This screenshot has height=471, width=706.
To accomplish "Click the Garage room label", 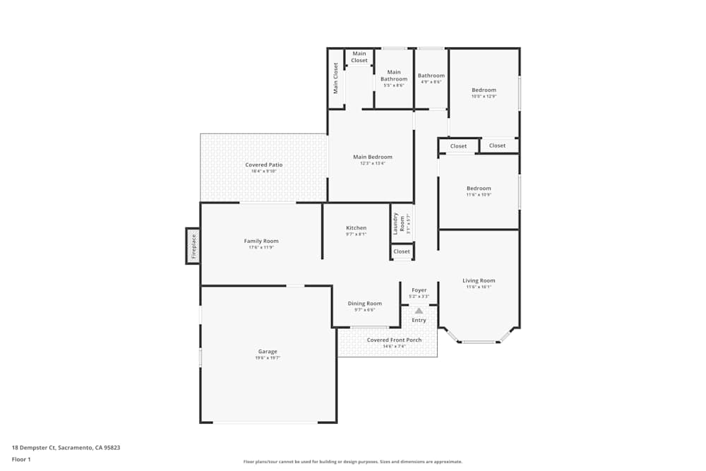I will click(x=267, y=352).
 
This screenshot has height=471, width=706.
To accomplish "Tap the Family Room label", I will click(x=261, y=242).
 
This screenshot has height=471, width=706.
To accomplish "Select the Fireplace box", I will click(x=193, y=246).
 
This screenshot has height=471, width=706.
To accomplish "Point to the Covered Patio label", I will click(x=263, y=165).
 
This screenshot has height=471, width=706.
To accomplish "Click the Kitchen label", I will click(x=356, y=228).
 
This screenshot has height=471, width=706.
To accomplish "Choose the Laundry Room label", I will click(x=396, y=223).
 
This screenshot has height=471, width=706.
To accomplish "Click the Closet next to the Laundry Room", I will click(x=402, y=251).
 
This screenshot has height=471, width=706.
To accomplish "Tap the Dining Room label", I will click(x=364, y=304).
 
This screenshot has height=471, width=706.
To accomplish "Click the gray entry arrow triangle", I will click(x=419, y=310).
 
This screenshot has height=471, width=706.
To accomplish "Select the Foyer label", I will click(x=419, y=290).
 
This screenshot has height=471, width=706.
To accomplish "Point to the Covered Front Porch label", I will click(x=394, y=340).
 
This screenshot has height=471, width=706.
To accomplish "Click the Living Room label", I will click(x=479, y=280).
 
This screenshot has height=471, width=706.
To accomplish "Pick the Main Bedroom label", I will click(x=372, y=157).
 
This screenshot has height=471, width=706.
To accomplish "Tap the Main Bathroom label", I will click(x=393, y=76).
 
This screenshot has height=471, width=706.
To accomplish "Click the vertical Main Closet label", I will click(x=336, y=78).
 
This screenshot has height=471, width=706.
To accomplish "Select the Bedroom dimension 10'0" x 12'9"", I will click(x=484, y=96).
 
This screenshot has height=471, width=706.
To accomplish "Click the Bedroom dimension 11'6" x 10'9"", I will click(x=478, y=194).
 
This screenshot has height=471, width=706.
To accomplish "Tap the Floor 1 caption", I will click(x=21, y=459).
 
